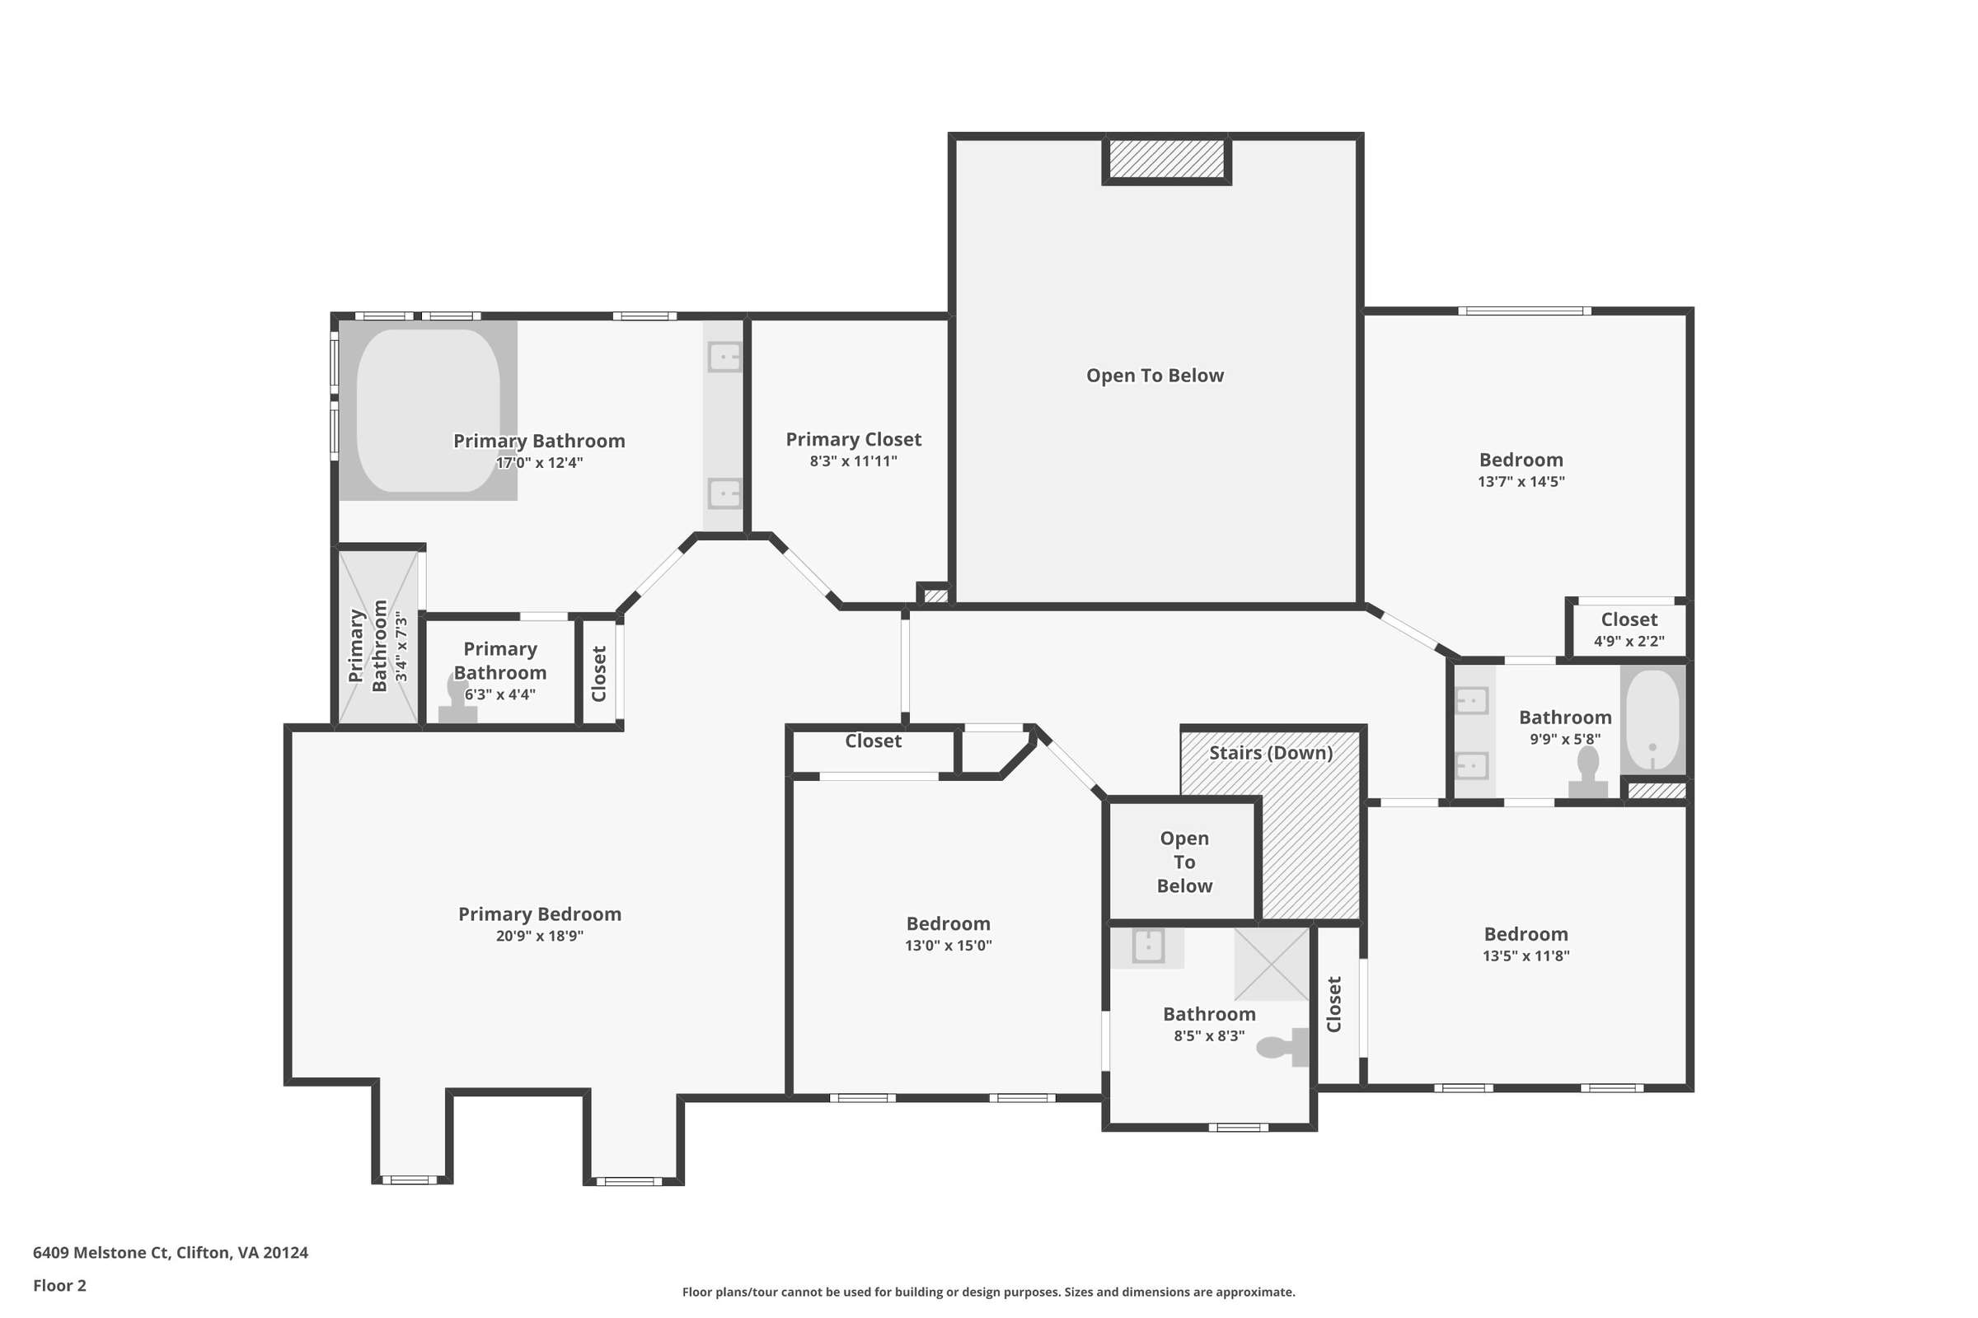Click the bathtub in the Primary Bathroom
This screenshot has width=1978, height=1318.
428,410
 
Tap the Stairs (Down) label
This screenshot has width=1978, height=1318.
1271,752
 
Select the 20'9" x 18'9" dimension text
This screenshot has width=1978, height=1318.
539,936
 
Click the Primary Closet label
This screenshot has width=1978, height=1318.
854,440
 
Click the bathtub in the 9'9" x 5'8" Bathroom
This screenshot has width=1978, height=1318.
1652,719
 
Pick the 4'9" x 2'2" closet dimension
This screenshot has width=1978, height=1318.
1629,642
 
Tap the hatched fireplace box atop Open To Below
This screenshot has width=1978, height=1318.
1166,159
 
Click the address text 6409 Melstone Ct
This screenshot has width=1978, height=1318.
101,1252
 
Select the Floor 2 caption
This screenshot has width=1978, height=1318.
59,1285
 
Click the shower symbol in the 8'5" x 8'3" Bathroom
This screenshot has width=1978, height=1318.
1272,963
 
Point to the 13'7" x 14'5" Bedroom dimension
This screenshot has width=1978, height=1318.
1521,482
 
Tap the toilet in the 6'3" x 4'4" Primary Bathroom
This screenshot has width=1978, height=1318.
458,699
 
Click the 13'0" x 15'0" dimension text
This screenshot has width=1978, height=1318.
949,946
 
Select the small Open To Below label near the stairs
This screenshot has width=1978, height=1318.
1184,862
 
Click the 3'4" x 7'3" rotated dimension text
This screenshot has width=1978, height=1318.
401,647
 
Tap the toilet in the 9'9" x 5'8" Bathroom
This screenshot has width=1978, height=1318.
1588,772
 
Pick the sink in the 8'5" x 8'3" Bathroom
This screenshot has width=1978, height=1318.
1148,946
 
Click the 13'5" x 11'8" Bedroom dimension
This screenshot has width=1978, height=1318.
1526,956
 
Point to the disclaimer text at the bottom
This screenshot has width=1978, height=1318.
989,1292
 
